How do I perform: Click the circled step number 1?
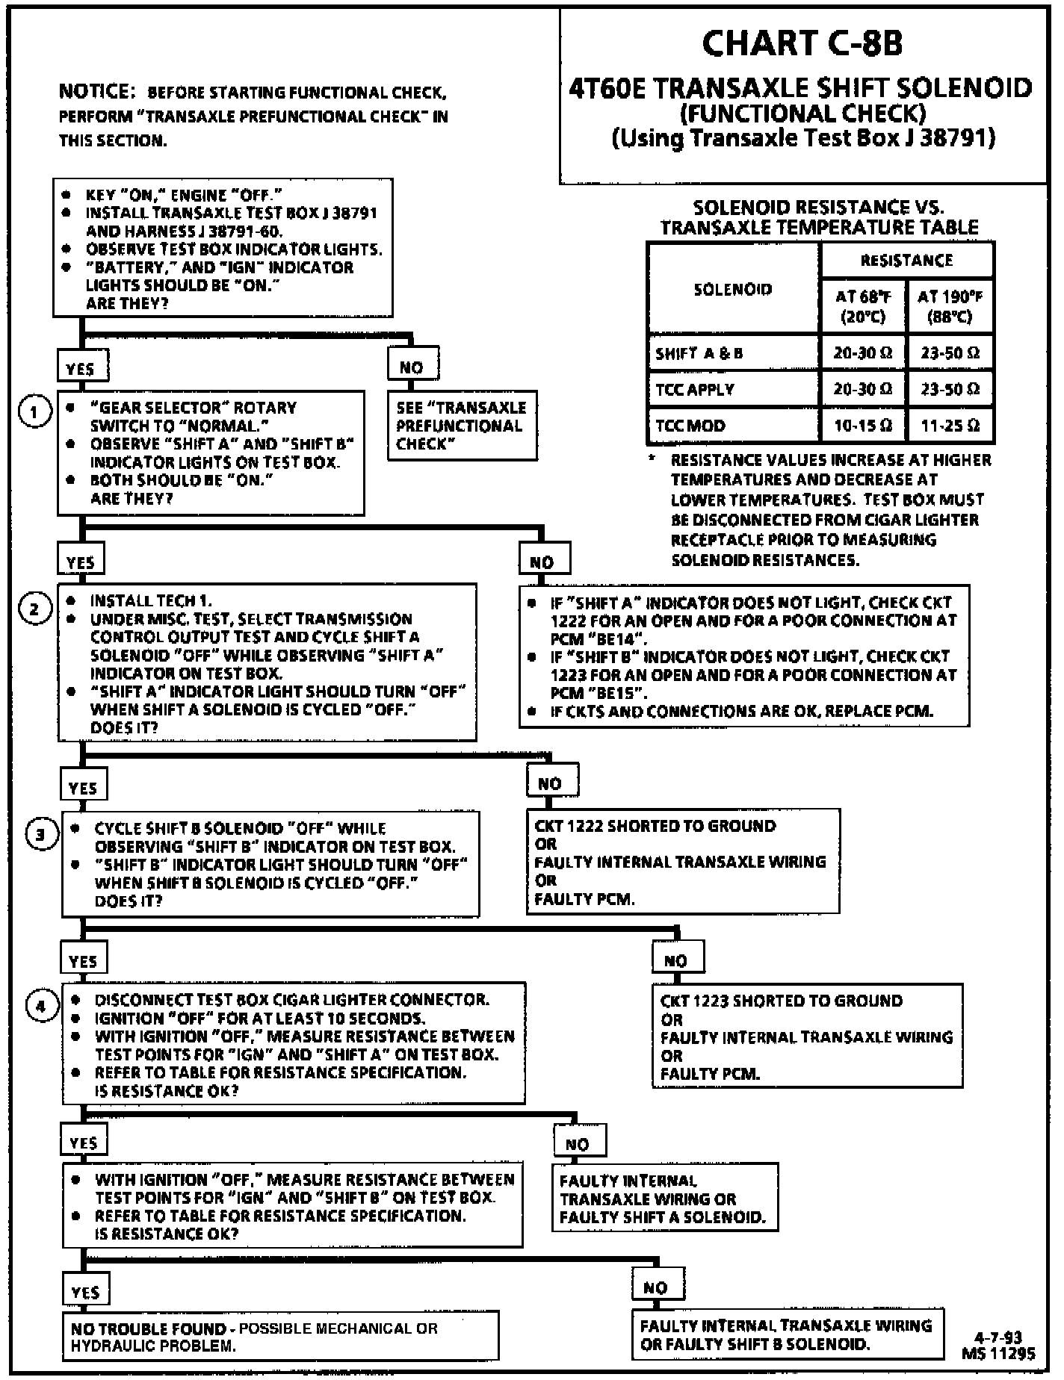(x=34, y=411)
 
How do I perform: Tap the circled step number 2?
(x=34, y=609)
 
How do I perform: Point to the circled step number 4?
(x=42, y=1006)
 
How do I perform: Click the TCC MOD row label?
(x=690, y=426)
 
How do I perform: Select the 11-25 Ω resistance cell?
(x=950, y=426)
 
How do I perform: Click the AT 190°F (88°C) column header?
(x=950, y=306)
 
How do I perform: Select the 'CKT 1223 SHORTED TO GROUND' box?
(x=807, y=1036)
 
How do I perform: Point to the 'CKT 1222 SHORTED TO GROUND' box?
(x=683, y=862)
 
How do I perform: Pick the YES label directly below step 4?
(x=84, y=1143)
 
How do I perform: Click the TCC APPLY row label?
(x=695, y=389)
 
